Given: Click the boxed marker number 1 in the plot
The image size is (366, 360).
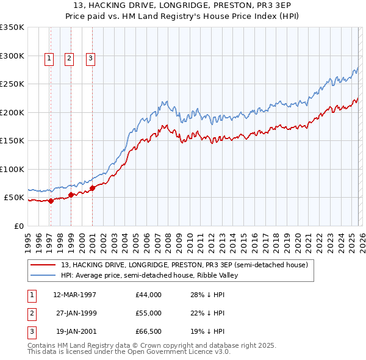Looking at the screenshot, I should tap(49, 59).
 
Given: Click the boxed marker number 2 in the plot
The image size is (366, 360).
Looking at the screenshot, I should tap(69, 59).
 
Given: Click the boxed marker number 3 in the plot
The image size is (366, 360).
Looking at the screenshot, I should tap(90, 59).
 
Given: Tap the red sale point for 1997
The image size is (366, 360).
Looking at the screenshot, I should tap(51, 201).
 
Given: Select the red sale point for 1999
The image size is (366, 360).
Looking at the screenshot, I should tap(71, 195).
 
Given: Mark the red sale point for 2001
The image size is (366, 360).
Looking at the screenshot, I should tap(92, 189).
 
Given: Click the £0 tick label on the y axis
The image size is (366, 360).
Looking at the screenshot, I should tap(18, 226).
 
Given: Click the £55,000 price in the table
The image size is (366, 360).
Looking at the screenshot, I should tap(149, 313).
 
